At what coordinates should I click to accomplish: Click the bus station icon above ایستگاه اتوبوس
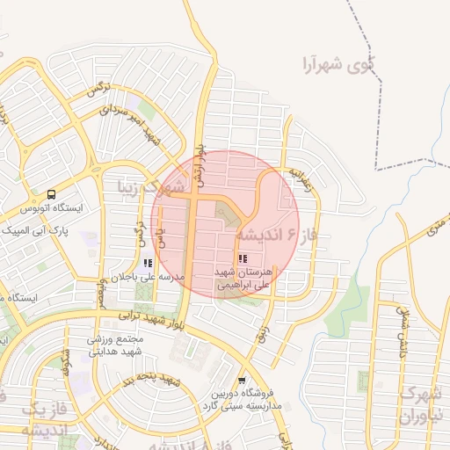[52, 195]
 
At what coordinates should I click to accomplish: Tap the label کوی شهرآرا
[337, 63]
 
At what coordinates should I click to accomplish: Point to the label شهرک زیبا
[150, 186]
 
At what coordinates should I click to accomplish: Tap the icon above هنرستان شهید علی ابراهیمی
[242, 258]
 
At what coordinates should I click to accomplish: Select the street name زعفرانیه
[301, 181]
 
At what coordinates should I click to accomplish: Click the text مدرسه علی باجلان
[146, 277]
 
